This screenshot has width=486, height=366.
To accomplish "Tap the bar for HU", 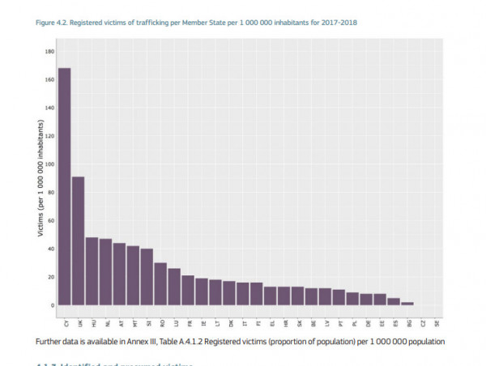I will pyautogui.click(x=92, y=271).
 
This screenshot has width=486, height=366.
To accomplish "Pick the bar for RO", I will pyautogui.click(x=160, y=284).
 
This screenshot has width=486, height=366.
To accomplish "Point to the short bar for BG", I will pyautogui.click(x=408, y=304).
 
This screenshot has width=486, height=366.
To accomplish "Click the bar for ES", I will pyautogui.click(x=394, y=301).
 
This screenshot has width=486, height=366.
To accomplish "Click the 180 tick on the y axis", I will pyautogui.click(x=49, y=52).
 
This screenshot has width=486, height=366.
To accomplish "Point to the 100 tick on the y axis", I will pyautogui.click(x=49, y=164).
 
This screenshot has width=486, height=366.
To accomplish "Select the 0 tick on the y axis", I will pyautogui.click(x=52, y=305).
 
